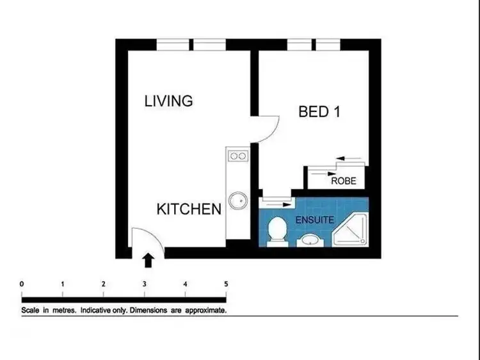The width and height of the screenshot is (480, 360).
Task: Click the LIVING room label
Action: tap(168, 101)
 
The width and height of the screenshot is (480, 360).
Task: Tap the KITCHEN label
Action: tap(189, 209)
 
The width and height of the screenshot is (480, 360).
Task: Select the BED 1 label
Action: tap(319, 111)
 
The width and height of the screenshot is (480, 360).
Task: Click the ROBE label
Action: tap(343, 181)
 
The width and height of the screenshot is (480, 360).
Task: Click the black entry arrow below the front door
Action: tap(148, 259)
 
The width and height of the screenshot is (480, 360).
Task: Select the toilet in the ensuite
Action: tap(278, 231)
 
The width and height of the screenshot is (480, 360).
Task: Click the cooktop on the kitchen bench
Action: tap(238, 156)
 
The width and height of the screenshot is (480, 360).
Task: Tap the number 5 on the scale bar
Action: tap(225, 284)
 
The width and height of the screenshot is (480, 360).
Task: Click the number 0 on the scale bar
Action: tap(22, 284)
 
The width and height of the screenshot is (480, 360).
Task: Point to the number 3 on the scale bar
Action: tap(144, 284)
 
